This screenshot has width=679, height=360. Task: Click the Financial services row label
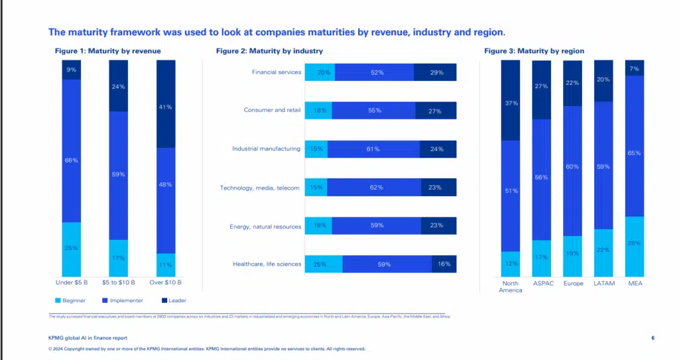pyautogui.click(x=277, y=72)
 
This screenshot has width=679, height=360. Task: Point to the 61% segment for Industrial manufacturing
pyautogui.click(x=373, y=149)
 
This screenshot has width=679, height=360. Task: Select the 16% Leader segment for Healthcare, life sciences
pyautogui.click(x=444, y=264)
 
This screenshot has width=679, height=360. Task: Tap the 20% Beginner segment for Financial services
pyautogui.click(x=320, y=72)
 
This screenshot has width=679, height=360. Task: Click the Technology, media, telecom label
pyautogui.click(x=260, y=188)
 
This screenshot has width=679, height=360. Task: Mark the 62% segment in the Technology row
pyautogui.click(x=374, y=188)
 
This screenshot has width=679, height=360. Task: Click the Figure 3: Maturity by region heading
pyautogui.click(x=534, y=51)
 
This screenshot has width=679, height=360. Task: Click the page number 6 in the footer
pyautogui.click(x=653, y=338)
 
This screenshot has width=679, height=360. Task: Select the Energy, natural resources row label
pyautogui.click(x=265, y=226)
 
